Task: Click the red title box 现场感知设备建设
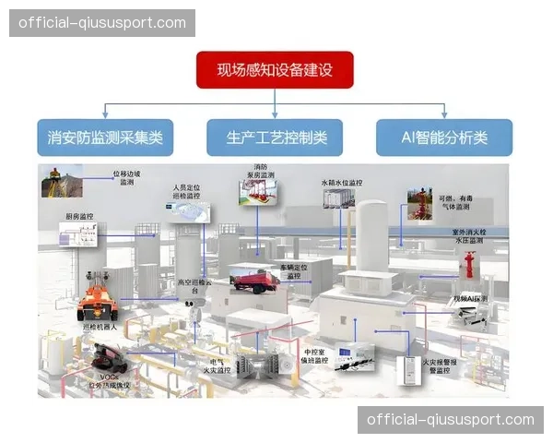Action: (274, 70)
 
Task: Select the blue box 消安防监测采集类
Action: (105, 138)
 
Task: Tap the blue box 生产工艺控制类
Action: (275, 138)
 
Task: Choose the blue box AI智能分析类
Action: (444, 138)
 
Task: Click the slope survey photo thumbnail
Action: (58, 182)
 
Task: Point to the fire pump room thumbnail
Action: (259, 191)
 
